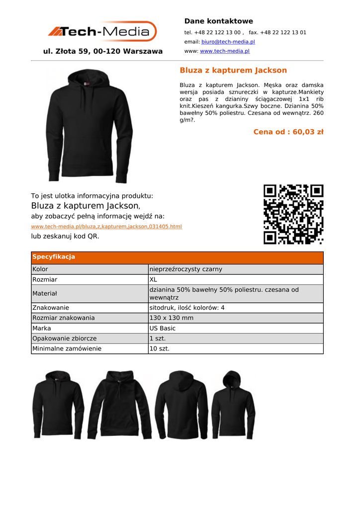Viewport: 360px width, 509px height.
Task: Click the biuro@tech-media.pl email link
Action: point(228,42)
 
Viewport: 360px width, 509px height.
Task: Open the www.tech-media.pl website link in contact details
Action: point(224,51)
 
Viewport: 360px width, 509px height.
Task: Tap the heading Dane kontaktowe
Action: point(218,21)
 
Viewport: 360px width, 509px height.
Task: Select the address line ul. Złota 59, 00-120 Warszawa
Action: point(103,51)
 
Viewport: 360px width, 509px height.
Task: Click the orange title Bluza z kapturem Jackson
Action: point(233,71)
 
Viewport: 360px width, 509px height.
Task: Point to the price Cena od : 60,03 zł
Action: point(288,132)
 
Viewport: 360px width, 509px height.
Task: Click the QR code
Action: point(293,214)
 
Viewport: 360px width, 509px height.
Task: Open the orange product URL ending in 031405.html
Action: point(106,227)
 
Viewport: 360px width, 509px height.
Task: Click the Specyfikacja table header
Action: point(54,257)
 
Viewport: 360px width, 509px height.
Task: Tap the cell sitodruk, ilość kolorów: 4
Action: point(187,308)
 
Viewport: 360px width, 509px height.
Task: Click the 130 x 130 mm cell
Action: point(172,318)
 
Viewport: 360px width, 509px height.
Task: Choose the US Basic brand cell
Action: point(163,329)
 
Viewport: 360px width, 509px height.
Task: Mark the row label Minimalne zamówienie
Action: point(67,349)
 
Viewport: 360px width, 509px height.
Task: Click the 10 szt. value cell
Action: point(160,349)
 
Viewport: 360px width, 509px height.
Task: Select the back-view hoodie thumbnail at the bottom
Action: point(181,405)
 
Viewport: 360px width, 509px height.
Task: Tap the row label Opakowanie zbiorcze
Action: point(65,339)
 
